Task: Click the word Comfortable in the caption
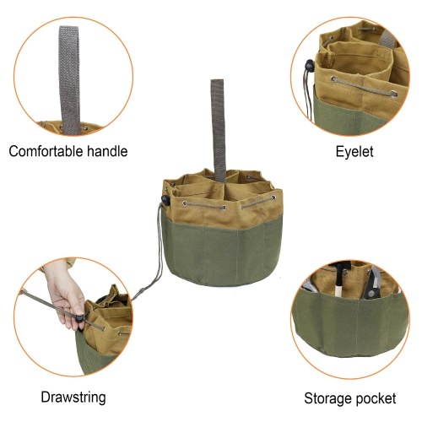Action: [46, 151]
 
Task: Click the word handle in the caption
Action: [107, 151]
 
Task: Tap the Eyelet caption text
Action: [354, 152]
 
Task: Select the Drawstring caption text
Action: [73, 398]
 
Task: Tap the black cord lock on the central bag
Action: [165, 199]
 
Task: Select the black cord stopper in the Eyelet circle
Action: [309, 66]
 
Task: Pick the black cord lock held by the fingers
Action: [80, 319]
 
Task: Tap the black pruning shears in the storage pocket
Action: [372, 284]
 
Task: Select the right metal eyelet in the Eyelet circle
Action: [394, 94]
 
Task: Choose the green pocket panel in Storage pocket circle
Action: [349, 323]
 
